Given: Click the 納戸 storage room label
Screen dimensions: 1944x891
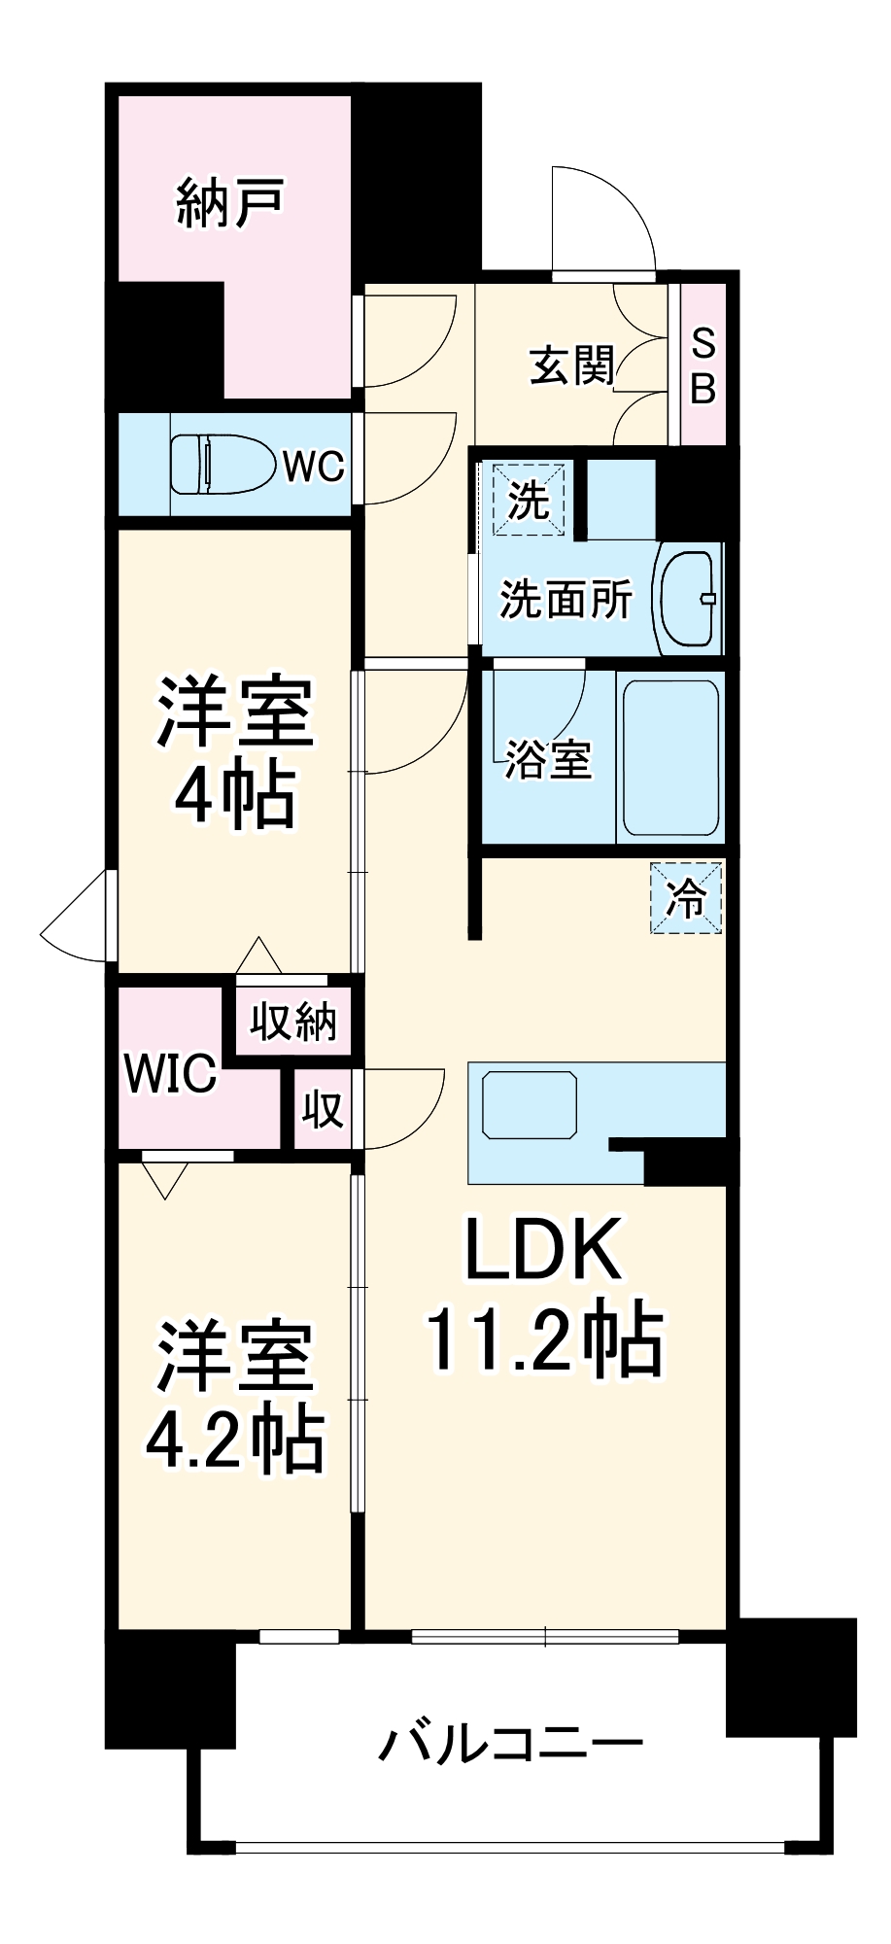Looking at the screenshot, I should [x=229, y=203].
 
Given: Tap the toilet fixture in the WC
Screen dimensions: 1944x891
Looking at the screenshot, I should [x=222, y=465].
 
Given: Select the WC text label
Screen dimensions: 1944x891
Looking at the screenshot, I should [x=313, y=467].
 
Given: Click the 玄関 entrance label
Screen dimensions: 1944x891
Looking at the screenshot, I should [x=572, y=365].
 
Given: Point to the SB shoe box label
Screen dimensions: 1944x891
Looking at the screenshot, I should [x=703, y=366].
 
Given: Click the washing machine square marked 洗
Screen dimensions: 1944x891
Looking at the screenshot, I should [x=530, y=501].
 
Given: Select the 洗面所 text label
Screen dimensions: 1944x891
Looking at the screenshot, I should [x=565, y=599].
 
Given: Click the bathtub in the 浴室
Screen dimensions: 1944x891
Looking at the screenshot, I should [x=670, y=757].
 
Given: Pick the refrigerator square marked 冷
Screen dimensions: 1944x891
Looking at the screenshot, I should [x=686, y=898].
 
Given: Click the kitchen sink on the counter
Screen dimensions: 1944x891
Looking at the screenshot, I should [x=531, y=1105].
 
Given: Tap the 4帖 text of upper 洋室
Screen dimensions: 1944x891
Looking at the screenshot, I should [x=234, y=796].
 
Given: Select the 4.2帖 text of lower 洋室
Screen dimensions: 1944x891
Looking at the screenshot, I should [x=234, y=1439].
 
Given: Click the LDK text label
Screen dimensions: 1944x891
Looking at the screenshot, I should [x=543, y=1250].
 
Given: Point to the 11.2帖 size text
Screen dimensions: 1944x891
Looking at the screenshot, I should [x=543, y=1341].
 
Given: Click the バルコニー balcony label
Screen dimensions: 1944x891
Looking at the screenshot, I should [x=511, y=1744].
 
